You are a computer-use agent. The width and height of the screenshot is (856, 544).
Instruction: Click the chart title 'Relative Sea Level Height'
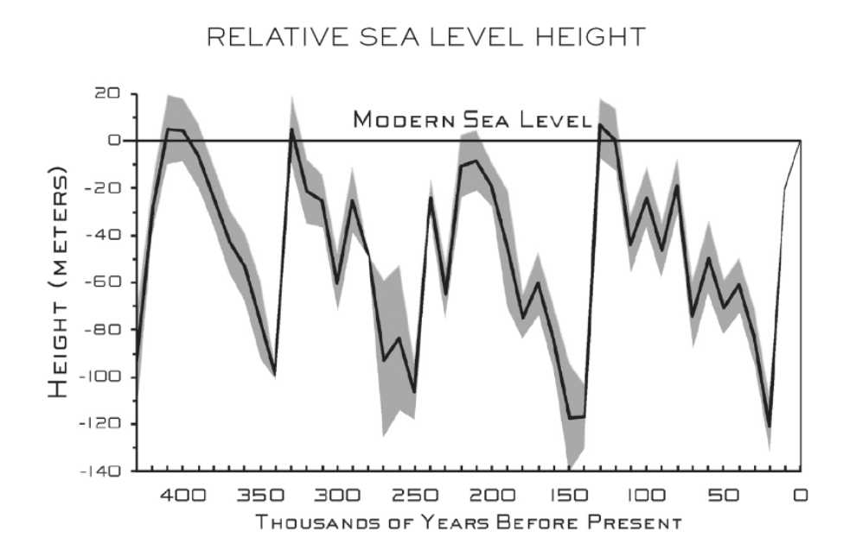pyautogui.click(x=426, y=37)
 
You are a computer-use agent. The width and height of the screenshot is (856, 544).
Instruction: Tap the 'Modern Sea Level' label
pyautogui.click(x=471, y=119)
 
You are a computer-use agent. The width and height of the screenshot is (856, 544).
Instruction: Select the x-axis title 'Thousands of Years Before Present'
pyautogui.click(x=468, y=522)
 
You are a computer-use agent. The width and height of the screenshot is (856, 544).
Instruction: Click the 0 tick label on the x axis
pyautogui.click(x=802, y=497)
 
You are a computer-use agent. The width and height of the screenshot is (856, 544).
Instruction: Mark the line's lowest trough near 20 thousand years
pyautogui.click(x=769, y=426)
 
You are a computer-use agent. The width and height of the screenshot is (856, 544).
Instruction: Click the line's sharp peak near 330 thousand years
pyautogui.click(x=292, y=130)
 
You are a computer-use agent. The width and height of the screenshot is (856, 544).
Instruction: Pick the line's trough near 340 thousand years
pyautogui.click(x=276, y=375)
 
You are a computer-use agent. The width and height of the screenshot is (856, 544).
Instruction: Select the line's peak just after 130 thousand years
pyautogui.click(x=600, y=124)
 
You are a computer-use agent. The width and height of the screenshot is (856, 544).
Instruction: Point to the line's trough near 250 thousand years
pyautogui.click(x=414, y=393)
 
